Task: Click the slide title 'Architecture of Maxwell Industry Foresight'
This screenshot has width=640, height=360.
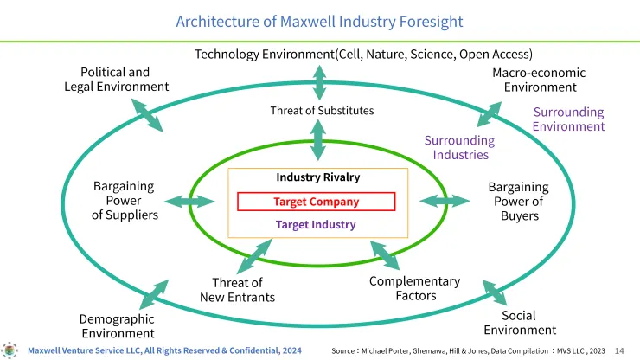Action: coord(319,21)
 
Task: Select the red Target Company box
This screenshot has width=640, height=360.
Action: coord(316,202)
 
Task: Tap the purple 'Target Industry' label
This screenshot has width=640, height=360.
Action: coord(316,224)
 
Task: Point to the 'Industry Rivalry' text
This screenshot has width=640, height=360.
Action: coord(317,177)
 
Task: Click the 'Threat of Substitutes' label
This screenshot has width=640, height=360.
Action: coord(322,110)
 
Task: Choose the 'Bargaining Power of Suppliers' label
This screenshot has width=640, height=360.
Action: coord(125,200)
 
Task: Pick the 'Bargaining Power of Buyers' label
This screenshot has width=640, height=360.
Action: coord(518,201)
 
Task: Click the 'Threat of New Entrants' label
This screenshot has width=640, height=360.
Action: coord(237,290)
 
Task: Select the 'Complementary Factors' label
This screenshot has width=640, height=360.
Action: coord(414,288)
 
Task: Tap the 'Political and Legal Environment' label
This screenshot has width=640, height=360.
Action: coord(116,79)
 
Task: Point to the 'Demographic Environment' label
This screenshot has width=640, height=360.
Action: coord(118,326)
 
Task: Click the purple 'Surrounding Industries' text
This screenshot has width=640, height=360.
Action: coord(459,147)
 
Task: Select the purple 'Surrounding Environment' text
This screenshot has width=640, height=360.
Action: coord(568,119)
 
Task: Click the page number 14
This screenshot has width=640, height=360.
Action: coord(619,350)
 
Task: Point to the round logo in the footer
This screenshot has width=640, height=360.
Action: coord(11,349)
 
